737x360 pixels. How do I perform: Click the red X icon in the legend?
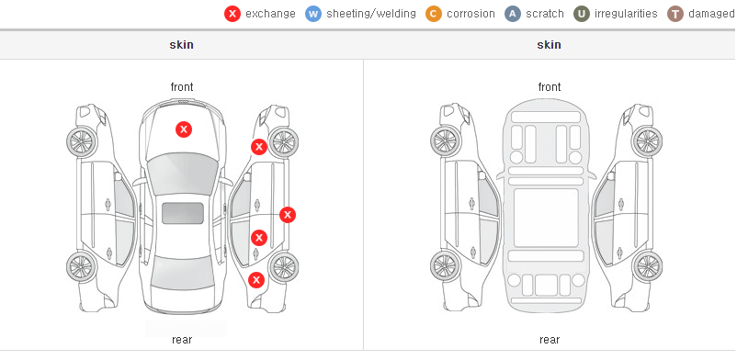pyautogui.click(x=232, y=14)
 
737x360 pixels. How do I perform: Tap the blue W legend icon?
pyautogui.click(x=313, y=14)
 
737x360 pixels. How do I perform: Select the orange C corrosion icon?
pyautogui.click(x=434, y=14)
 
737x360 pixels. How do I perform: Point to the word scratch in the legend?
pyautogui.click(x=545, y=14)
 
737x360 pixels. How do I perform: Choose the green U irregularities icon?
pyautogui.click(x=582, y=14)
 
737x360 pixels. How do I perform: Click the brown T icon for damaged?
pyautogui.click(x=675, y=14)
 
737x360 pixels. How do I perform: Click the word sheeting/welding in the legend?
pyautogui.click(x=371, y=14)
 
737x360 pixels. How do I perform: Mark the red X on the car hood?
pyautogui.click(x=184, y=129)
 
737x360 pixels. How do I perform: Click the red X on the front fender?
pyautogui.click(x=258, y=147)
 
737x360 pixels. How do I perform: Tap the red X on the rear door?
pyautogui.click(x=258, y=238)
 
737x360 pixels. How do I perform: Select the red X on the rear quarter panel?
pyautogui.click(x=256, y=281)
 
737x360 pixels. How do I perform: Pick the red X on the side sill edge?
pyautogui.click(x=288, y=215)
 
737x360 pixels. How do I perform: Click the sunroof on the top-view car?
pyautogui.click(x=183, y=213)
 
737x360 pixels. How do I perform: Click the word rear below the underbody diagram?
pyautogui.click(x=550, y=339)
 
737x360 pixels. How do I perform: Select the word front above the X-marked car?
pyautogui.click(x=182, y=87)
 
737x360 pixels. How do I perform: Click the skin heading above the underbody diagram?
pyautogui.click(x=549, y=45)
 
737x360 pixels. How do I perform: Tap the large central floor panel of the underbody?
pyautogui.click(x=546, y=218)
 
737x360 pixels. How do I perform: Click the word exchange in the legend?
pyautogui.click(x=270, y=14)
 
